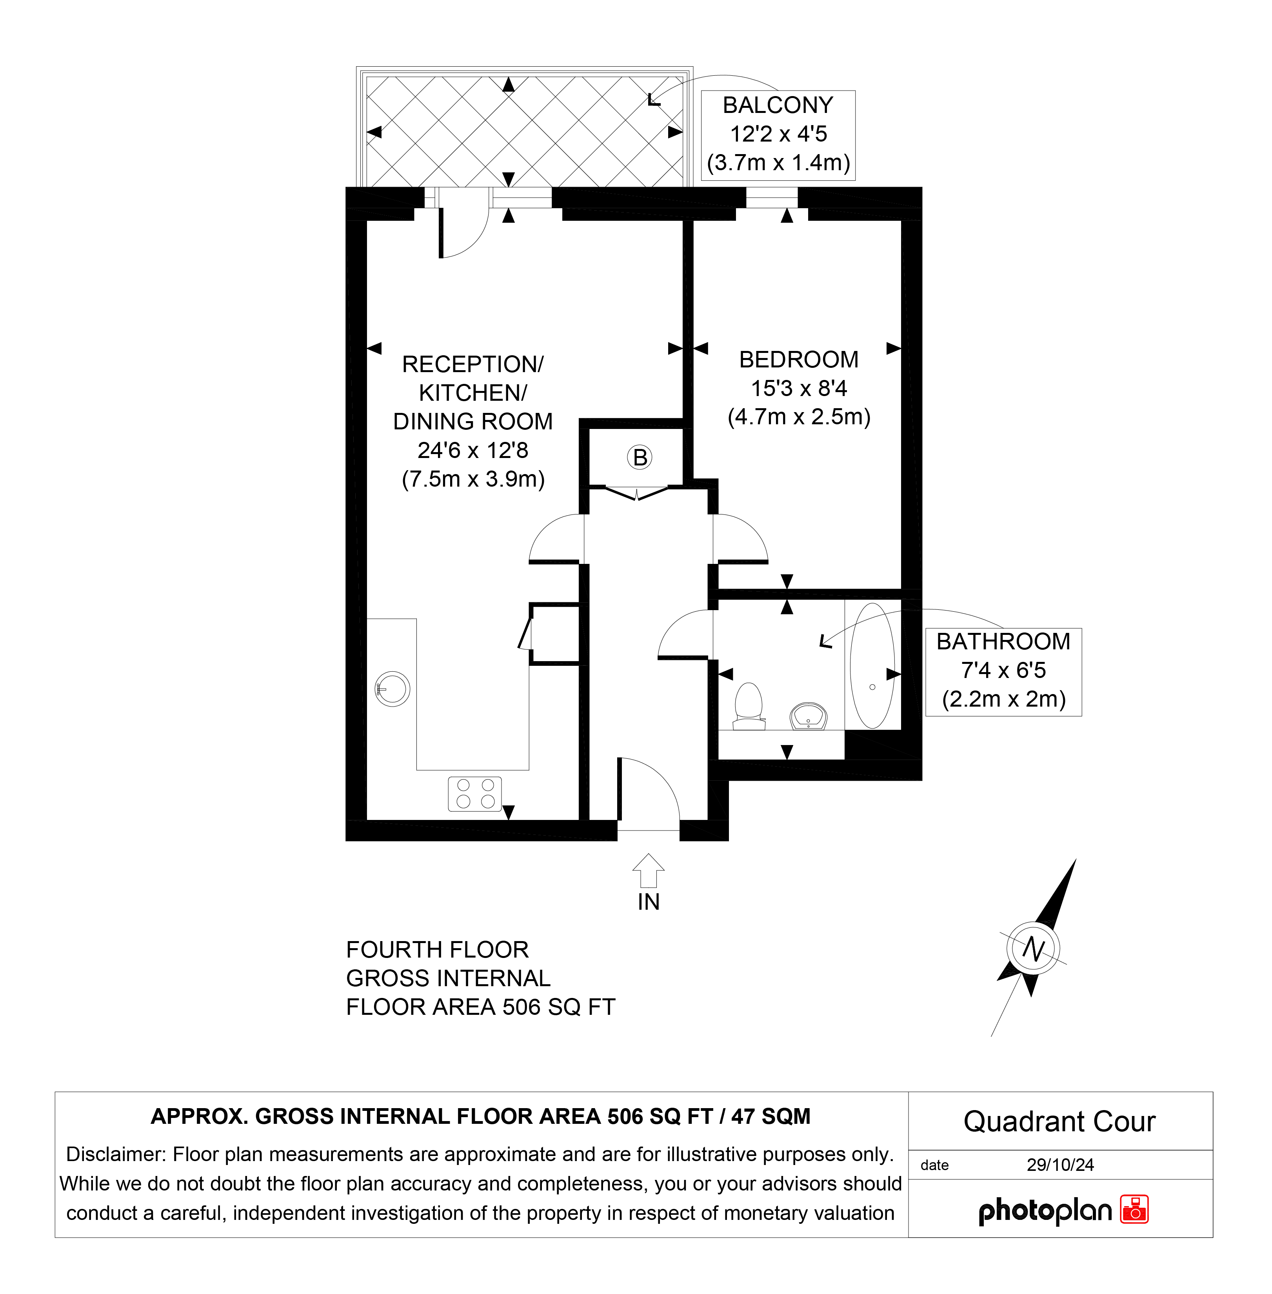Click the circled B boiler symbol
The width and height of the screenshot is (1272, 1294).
(x=640, y=458)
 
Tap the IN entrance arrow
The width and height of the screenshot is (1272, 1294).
(x=648, y=871)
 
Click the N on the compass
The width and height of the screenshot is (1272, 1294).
(x=1033, y=948)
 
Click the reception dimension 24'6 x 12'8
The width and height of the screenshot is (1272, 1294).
(x=473, y=450)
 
